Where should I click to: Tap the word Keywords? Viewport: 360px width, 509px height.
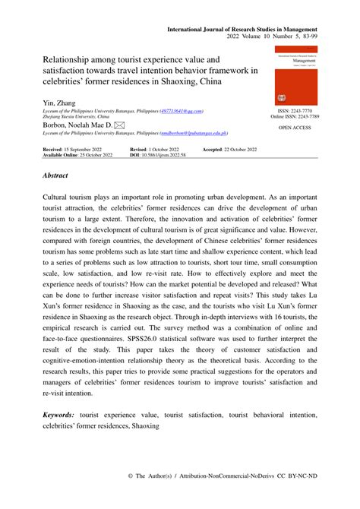click(58, 416)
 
